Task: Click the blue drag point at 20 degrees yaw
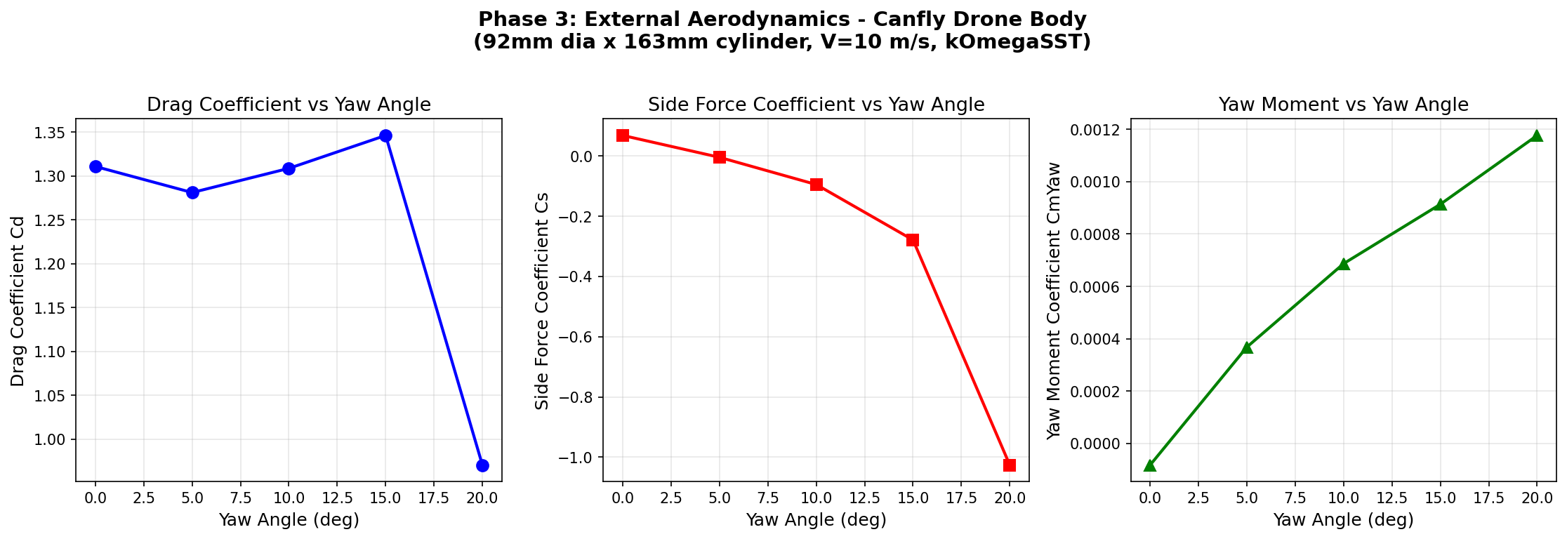[x=482, y=465]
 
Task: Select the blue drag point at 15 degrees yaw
[x=385, y=135]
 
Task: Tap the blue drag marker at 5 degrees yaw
[x=192, y=192]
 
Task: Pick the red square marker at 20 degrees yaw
[x=1010, y=465]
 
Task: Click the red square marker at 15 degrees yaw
[x=913, y=240]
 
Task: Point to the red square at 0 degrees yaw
[x=623, y=135]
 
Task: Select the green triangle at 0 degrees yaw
[x=1150, y=465]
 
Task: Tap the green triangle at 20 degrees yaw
[x=1537, y=135]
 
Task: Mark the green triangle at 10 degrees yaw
[x=1344, y=264]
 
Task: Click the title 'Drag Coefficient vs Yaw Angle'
[x=289, y=105]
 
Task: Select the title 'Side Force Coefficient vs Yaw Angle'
[x=816, y=105]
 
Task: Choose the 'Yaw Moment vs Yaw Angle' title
[x=1343, y=105]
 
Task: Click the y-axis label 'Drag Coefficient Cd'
[x=18, y=300]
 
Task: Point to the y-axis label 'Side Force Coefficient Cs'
[x=542, y=300]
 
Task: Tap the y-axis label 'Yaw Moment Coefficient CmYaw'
[x=1054, y=300]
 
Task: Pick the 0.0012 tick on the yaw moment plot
[x=1095, y=130]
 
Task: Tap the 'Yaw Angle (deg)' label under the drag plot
[x=289, y=520]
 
